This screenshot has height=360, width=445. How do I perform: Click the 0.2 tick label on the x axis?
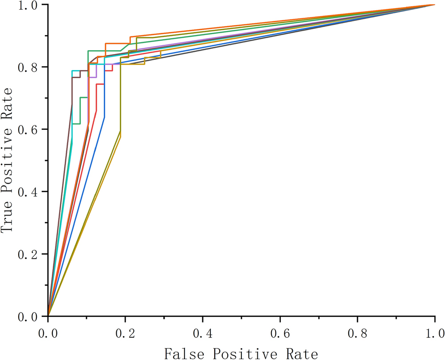point(126,333)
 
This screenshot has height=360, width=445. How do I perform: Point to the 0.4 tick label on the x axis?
point(203,333)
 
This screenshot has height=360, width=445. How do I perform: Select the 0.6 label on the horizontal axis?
point(280,333)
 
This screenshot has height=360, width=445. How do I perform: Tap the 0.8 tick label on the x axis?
point(358,333)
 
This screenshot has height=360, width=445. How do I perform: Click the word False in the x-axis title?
point(185,353)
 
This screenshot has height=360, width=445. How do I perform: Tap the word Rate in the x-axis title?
point(302,353)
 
